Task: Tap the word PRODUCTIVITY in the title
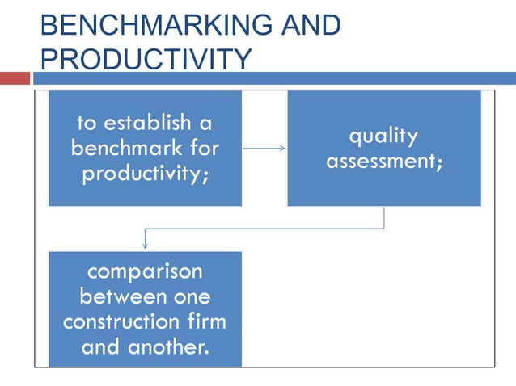[146, 59]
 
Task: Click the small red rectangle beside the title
[15, 78]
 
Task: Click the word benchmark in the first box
[121, 149]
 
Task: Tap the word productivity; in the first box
[145, 174]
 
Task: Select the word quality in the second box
[384, 136]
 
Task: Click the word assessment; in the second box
[384, 161]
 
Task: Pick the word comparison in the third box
[146, 271]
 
